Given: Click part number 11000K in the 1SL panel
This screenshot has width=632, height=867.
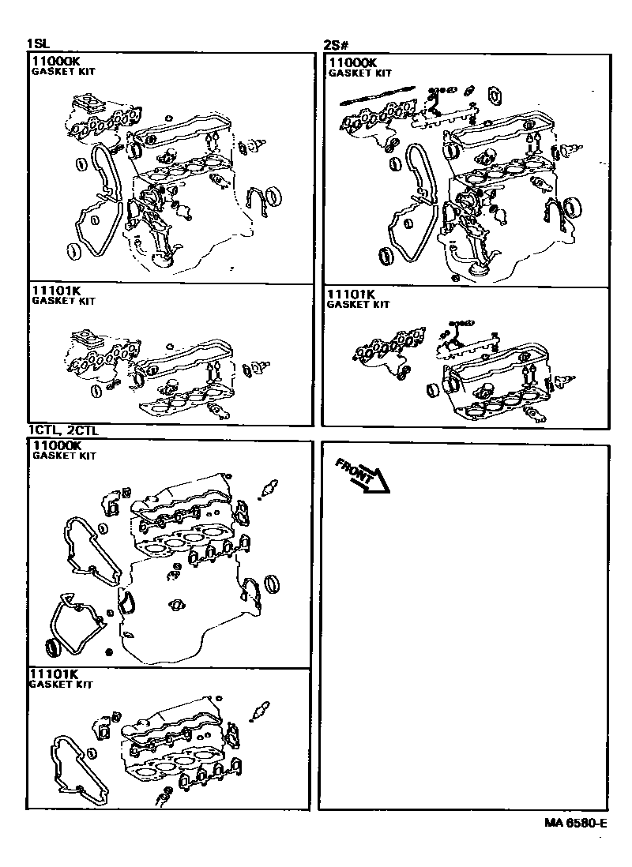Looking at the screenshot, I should [56, 60].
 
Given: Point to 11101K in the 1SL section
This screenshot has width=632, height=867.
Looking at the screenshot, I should [55, 291].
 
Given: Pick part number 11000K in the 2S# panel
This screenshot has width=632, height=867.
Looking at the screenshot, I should [352, 62].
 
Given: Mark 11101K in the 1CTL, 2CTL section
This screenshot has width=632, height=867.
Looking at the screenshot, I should [54, 674].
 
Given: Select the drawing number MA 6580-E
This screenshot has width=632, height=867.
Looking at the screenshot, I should [575, 823].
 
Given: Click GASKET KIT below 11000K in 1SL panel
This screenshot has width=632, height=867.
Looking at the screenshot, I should [63, 71].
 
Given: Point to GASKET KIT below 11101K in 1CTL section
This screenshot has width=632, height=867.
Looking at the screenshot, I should [61, 685].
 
